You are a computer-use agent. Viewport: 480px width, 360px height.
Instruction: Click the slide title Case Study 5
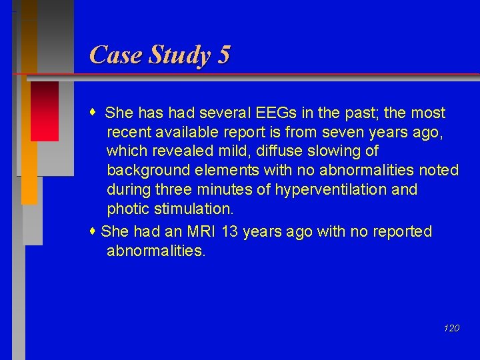[x=159, y=55]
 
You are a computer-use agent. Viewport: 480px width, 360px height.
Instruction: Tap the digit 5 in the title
[x=223, y=55]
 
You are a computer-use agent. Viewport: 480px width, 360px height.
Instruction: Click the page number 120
[x=451, y=328]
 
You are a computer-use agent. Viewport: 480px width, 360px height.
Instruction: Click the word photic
[x=128, y=209]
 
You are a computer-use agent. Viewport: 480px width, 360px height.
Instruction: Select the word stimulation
[x=193, y=209]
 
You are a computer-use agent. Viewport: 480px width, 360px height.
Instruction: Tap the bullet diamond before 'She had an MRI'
[x=95, y=231]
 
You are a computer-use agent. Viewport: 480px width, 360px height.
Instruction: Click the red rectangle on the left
[x=45, y=111]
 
